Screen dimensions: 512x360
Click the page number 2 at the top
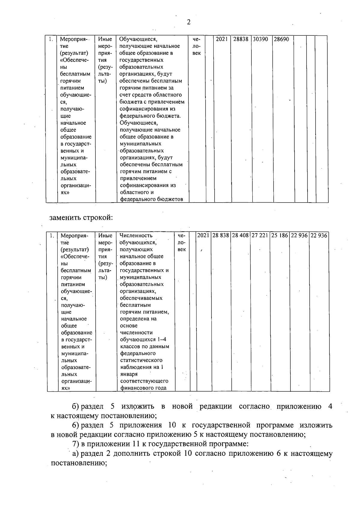(x=188, y=22)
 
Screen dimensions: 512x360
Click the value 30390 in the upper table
(x=260, y=39)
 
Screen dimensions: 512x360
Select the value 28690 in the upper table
(x=281, y=39)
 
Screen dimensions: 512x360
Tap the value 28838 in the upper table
(x=241, y=39)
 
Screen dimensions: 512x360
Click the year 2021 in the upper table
(x=222, y=39)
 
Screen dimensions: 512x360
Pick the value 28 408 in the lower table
(x=240, y=236)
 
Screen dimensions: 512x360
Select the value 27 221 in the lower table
(x=260, y=236)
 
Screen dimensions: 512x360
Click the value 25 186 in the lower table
(x=280, y=236)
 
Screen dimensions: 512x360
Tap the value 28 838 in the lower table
(x=221, y=236)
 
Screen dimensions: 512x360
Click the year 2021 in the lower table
(x=203, y=236)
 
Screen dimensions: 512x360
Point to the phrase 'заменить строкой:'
(x=81, y=217)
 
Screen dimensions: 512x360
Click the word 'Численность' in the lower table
(x=136, y=236)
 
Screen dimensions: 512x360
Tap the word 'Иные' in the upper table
(x=105, y=39)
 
